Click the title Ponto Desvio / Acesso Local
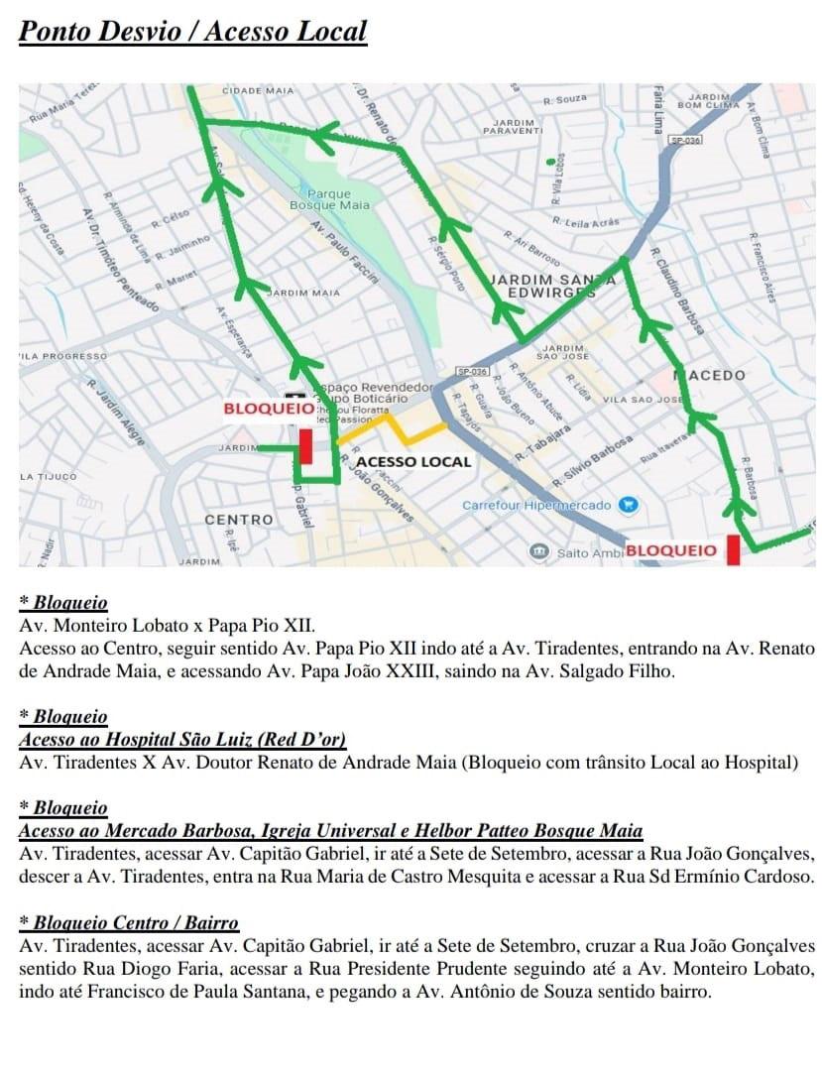click(x=193, y=31)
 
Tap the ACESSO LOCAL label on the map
click(x=413, y=462)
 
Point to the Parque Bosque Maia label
click(x=329, y=199)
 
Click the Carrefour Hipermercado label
click(x=536, y=506)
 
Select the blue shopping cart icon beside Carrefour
click(x=627, y=505)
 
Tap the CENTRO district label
click(x=238, y=520)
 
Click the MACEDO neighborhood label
click(x=710, y=376)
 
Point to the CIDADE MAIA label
click(x=258, y=90)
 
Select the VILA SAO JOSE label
click(x=643, y=400)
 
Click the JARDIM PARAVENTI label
click(x=513, y=127)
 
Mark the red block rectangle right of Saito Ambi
click(x=734, y=549)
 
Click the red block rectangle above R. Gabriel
click(x=306, y=445)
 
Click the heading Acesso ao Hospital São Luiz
click(x=182, y=739)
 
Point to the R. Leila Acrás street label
click(x=586, y=222)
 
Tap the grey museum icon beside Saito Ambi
click(x=538, y=550)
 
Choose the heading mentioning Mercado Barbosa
click(x=330, y=830)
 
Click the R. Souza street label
click(x=565, y=99)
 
